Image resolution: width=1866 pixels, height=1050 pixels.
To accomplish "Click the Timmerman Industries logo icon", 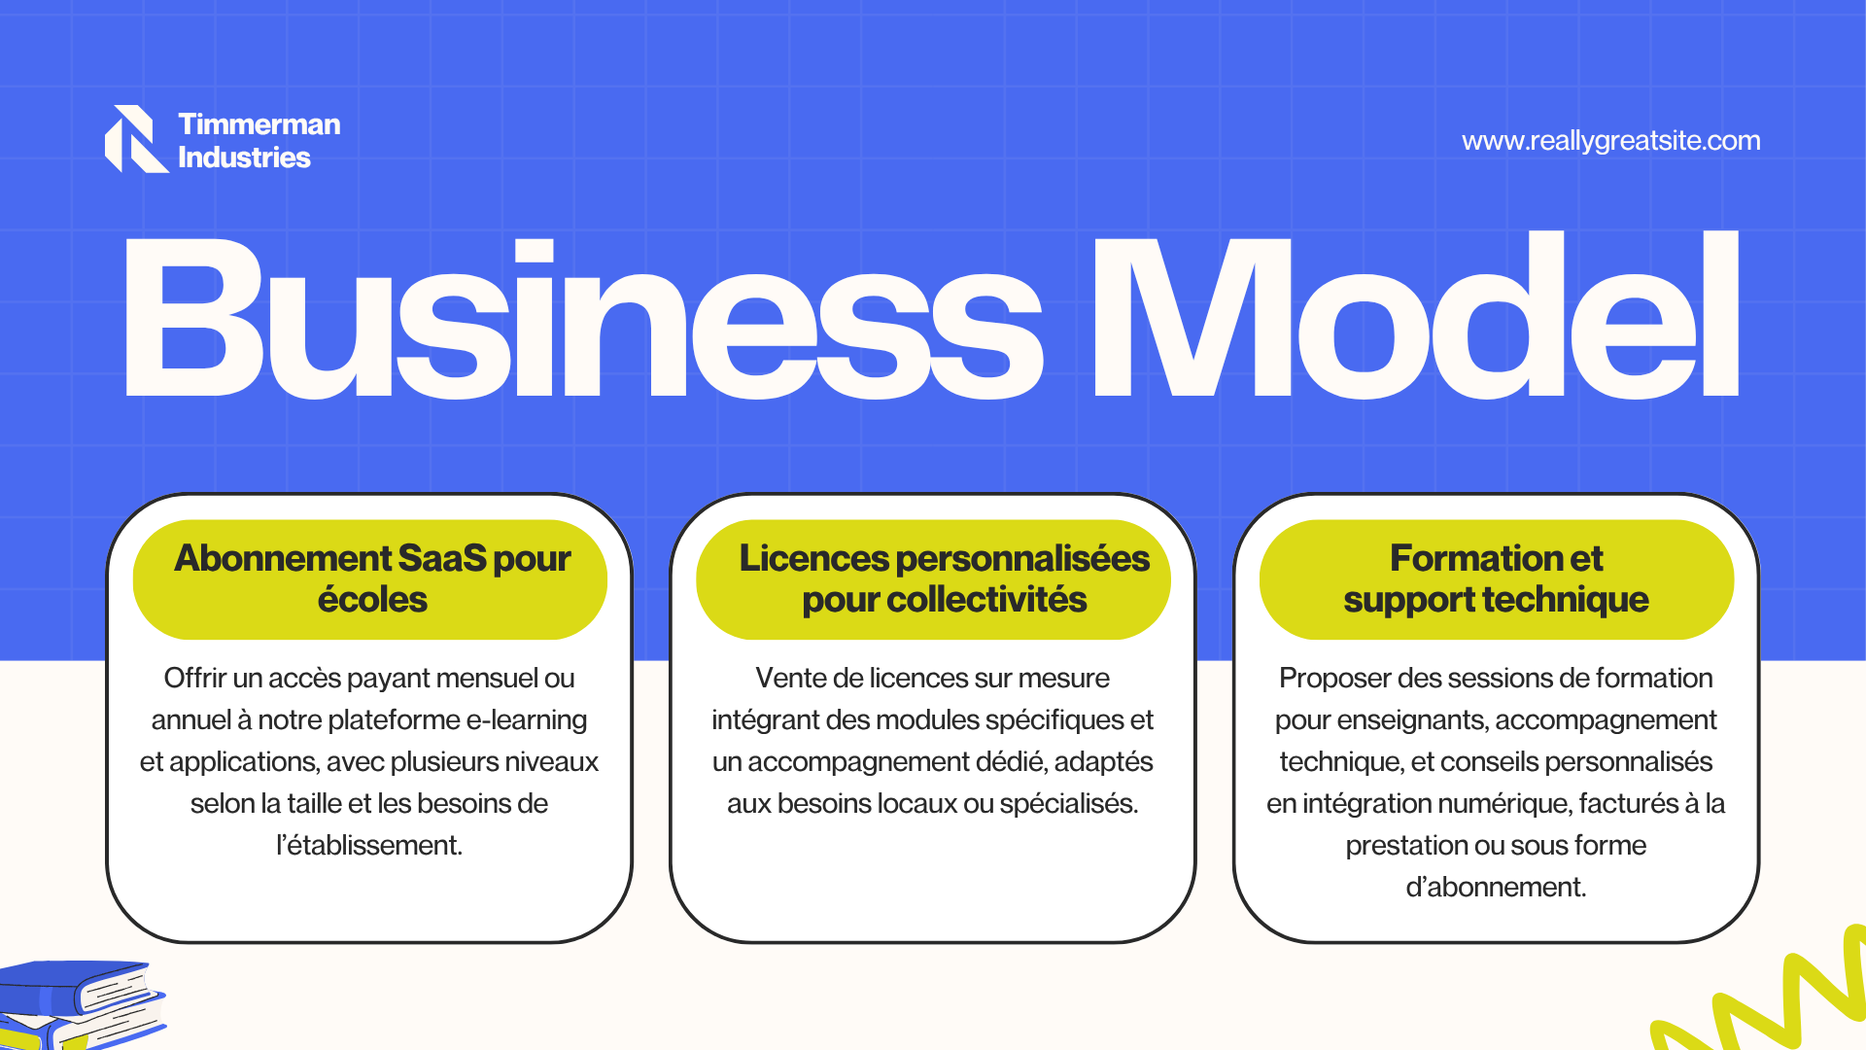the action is coord(135,139).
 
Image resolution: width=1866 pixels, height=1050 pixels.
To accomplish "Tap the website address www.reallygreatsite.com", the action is coord(1610,141).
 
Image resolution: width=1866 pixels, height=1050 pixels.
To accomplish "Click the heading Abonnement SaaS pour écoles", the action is coord(372,578).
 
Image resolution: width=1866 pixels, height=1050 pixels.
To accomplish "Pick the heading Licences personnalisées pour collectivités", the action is coord(944,578).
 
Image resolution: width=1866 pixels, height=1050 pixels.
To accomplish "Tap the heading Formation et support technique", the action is coord(1496,578).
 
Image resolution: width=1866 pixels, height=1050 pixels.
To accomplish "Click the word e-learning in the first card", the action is coord(527,720).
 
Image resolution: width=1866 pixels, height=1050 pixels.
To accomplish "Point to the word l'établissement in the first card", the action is coord(369,845).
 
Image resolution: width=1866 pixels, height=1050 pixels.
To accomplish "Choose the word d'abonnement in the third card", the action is coord(1496,887).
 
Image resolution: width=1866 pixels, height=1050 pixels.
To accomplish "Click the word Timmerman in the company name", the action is coord(259,124).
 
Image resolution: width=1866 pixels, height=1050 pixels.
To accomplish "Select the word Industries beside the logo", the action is coord(244,157).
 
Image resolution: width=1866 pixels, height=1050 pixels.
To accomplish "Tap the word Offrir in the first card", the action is coord(195,678).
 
